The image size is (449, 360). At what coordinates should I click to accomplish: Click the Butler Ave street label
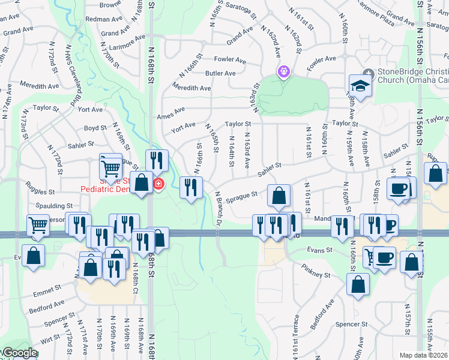tap(220, 73)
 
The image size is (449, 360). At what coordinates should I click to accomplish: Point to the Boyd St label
tap(95, 128)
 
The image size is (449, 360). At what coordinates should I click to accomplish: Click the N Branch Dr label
tap(218, 206)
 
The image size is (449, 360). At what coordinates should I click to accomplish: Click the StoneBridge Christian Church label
tap(412, 76)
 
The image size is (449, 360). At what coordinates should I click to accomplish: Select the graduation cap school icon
tap(361, 86)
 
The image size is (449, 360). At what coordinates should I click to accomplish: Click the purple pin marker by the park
tap(283, 71)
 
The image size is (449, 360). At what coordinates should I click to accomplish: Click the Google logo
tap(19, 353)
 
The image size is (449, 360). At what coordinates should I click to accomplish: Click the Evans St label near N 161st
tap(319, 249)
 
